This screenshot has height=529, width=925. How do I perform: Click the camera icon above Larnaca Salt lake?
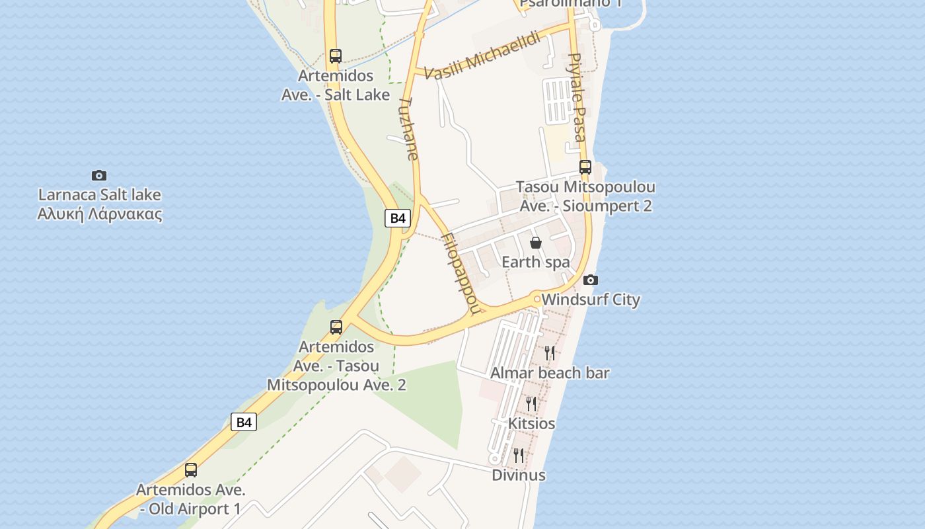(99, 175)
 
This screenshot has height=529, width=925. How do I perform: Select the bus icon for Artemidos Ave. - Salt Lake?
(336, 56)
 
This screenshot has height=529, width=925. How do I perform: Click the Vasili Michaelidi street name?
(482, 56)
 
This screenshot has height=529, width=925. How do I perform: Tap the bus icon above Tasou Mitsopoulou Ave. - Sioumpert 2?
(585, 167)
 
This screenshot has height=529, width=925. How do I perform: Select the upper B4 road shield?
(398, 218)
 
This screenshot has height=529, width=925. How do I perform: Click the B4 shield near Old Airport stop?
(244, 422)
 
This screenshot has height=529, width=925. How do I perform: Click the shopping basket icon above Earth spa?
(536, 243)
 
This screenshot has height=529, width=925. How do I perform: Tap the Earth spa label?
(536, 262)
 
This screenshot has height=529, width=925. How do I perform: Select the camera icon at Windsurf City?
(591, 280)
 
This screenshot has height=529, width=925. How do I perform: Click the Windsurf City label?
(591, 300)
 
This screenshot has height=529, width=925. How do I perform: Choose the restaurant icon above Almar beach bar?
(550, 353)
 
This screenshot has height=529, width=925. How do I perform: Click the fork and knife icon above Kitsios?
(531, 403)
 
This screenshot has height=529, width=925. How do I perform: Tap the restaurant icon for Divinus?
(519, 456)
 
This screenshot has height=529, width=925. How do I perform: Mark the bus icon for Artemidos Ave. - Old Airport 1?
(191, 470)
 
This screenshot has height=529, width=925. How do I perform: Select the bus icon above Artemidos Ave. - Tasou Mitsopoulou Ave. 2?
(336, 327)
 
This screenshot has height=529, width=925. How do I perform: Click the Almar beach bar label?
(550, 373)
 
